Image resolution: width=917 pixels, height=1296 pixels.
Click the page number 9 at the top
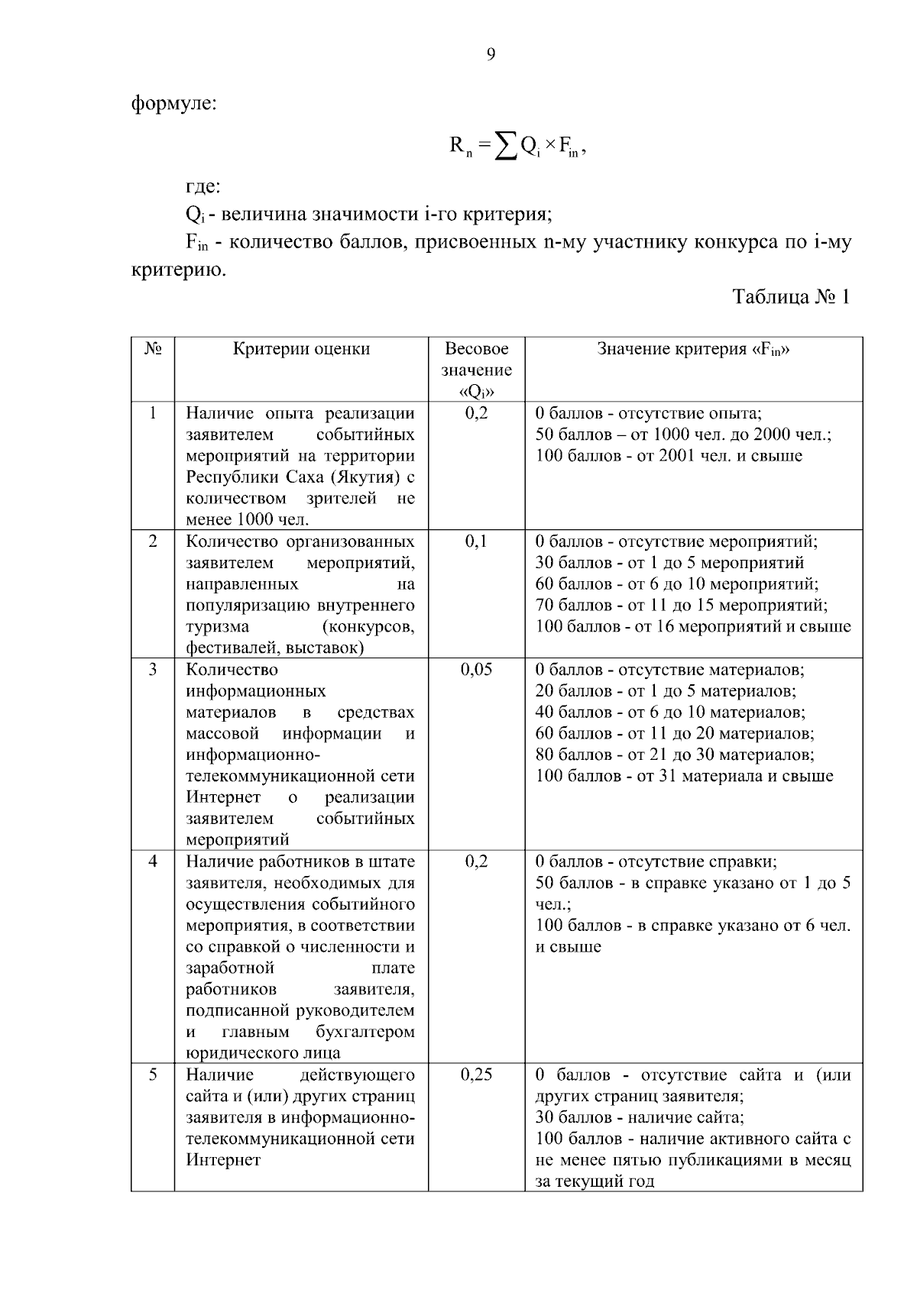pos(491,54)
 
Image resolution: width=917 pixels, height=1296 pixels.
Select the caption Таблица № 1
pos(791,297)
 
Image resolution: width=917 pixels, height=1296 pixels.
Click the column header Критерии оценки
pos(301,350)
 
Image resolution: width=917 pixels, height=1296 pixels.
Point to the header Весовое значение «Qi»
pos(477,370)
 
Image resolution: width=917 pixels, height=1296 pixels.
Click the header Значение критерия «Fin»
pos(693,350)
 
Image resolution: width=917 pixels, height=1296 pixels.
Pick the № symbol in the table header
pos(152,349)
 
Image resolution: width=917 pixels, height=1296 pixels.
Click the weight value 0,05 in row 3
pos(476,670)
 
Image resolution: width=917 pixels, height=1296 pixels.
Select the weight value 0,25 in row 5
pos(476,1075)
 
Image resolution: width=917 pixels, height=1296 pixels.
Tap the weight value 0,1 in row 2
pos(476,542)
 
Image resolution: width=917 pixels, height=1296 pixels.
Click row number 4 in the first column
pos(153,861)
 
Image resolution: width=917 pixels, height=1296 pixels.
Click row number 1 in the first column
pos(153,413)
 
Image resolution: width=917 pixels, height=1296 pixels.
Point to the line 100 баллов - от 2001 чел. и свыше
pos(669,457)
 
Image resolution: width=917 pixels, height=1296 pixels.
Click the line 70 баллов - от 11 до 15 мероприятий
pos(681,606)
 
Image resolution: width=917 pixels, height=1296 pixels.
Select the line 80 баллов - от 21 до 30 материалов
pos(675,755)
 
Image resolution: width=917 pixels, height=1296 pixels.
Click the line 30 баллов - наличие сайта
pos(640,1118)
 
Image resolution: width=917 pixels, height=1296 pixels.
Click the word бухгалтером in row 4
pos(365,1033)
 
